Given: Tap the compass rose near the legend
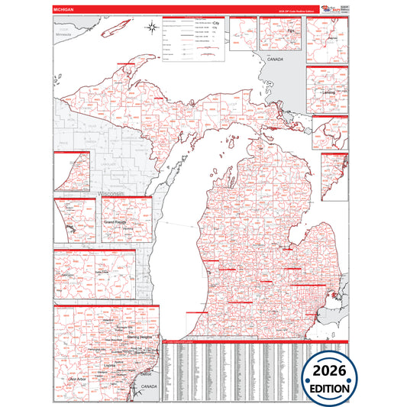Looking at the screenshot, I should pyautogui.click(x=151, y=30).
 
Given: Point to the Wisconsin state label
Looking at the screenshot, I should pyautogui.click(x=113, y=194).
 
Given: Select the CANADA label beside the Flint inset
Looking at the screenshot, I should pyautogui.click(x=276, y=59).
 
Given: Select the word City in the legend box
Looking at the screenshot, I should pyautogui.click(x=215, y=24).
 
